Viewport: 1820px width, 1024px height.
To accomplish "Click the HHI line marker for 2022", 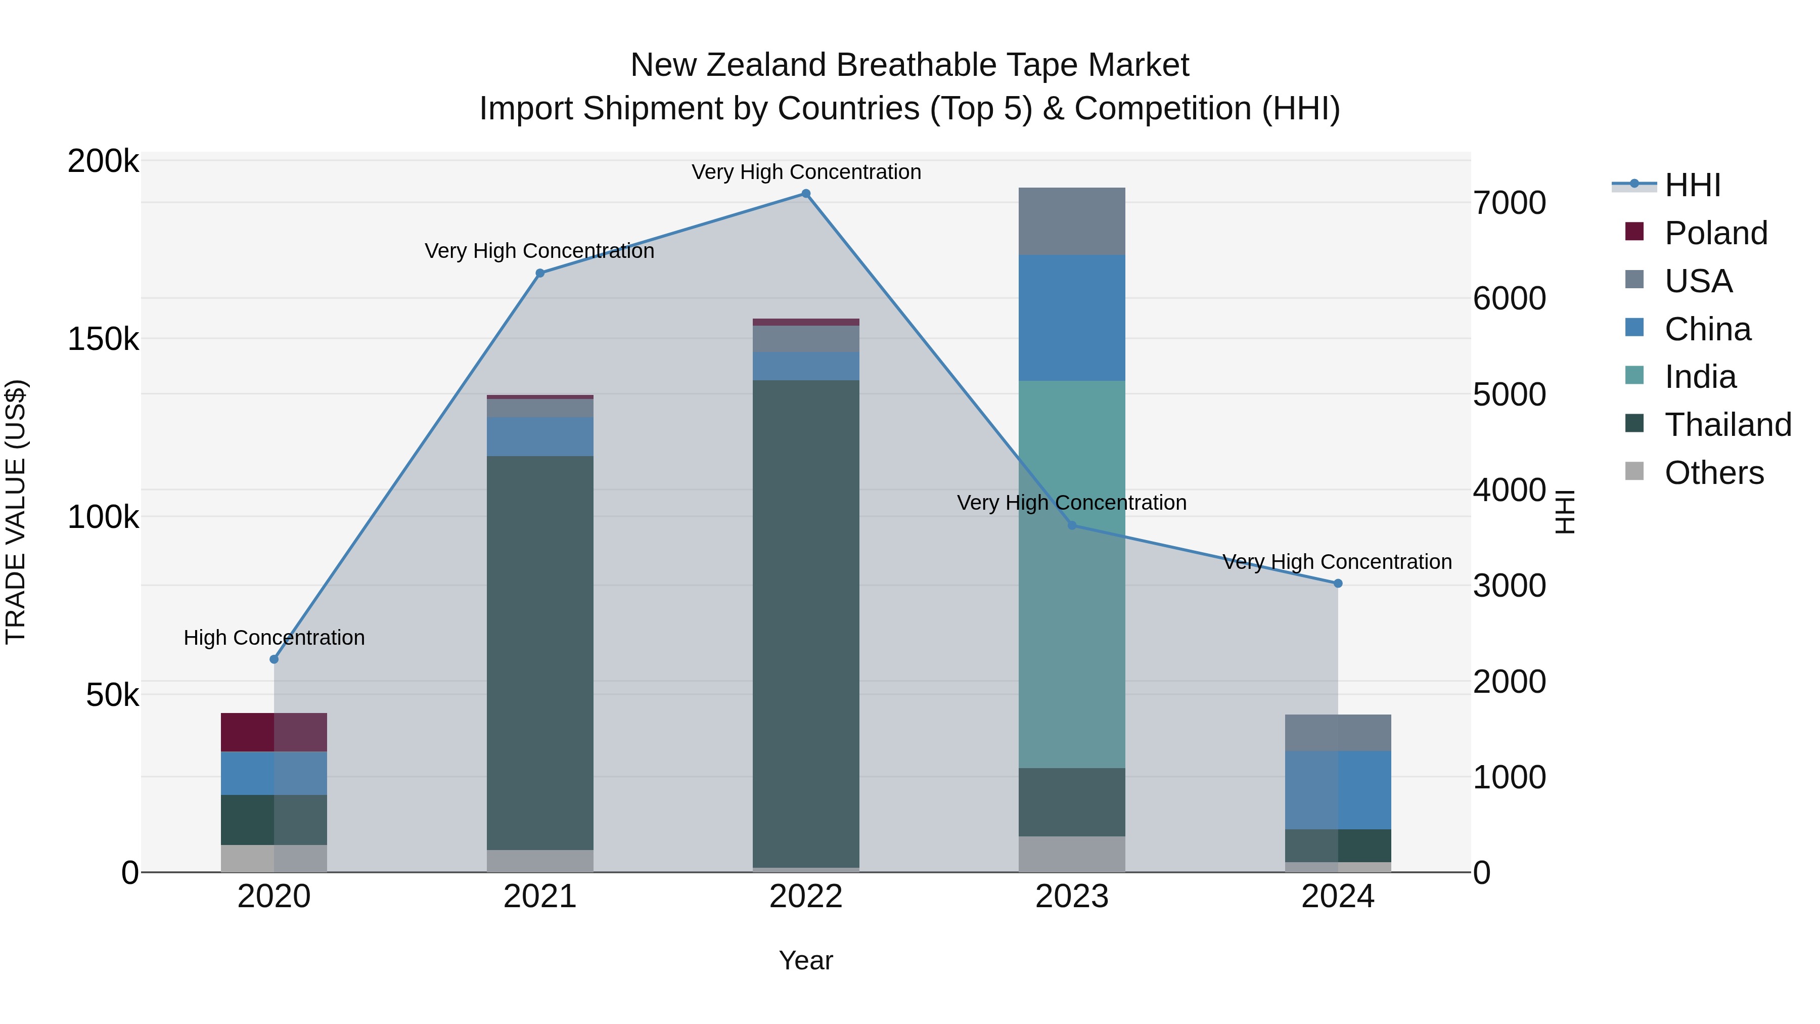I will pyautogui.click(x=805, y=194).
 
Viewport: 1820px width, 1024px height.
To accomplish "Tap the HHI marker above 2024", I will pyautogui.click(x=1337, y=584).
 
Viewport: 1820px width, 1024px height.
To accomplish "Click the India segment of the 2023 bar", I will pyautogui.click(x=1072, y=574).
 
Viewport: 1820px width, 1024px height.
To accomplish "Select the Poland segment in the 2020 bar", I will pyautogui.click(x=274, y=732).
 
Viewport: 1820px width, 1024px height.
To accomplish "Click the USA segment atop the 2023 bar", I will pyautogui.click(x=1072, y=221).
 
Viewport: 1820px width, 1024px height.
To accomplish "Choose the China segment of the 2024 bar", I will pyautogui.click(x=1337, y=790).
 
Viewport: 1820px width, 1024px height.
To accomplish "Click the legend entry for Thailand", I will pyautogui.click(x=1727, y=425).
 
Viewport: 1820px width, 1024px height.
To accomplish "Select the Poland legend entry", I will pyautogui.click(x=1715, y=233).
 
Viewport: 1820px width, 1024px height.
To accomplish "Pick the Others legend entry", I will pyautogui.click(x=1713, y=473).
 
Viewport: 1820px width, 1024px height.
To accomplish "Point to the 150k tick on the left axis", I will pyautogui.click(x=103, y=339).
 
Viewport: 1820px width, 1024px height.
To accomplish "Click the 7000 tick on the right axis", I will pyautogui.click(x=1509, y=203).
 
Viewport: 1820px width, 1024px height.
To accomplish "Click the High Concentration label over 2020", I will pyautogui.click(x=274, y=638).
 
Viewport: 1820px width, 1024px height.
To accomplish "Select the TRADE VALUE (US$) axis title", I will pyautogui.click(x=16, y=512).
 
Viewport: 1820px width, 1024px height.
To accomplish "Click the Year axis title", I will pyautogui.click(x=805, y=960).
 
